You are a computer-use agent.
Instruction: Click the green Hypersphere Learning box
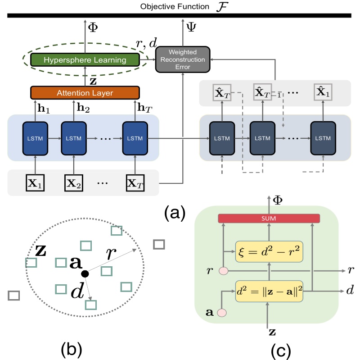[85, 59]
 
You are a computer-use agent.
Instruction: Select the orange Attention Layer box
[85, 93]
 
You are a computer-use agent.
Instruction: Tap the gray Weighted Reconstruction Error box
[183, 59]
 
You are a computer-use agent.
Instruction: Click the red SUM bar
[269, 219]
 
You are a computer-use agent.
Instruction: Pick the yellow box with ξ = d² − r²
[269, 251]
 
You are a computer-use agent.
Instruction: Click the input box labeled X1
[35, 183]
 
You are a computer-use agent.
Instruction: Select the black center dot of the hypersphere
[84, 273]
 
